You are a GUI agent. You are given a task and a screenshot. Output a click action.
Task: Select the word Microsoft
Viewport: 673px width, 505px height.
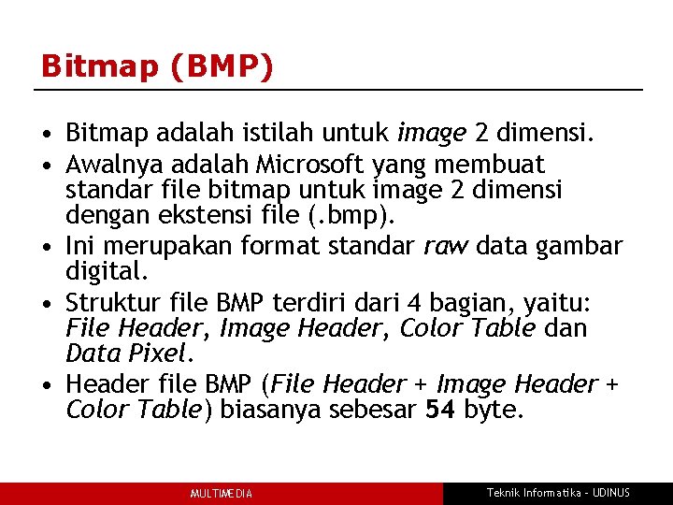pyautogui.click(x=309, y=166)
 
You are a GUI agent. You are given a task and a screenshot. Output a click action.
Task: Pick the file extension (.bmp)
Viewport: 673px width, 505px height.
pyautogui.click(x=356, y=218)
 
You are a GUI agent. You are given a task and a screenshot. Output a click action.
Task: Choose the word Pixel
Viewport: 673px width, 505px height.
pyautogui.click(x=159, y=354)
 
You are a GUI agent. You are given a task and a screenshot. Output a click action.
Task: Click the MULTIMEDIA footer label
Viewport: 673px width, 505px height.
pyautogui.click(x=222, y=494)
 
